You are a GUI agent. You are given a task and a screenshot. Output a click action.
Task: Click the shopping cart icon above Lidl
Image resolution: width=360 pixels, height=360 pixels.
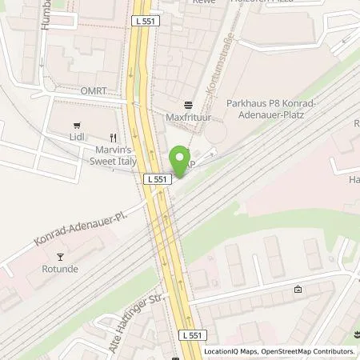tap(77, 126)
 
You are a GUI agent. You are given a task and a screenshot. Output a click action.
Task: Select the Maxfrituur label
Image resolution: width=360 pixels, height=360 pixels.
tap(189, 119)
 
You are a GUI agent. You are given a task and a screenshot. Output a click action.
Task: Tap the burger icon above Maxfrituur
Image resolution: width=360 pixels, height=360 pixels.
tap(189, 106)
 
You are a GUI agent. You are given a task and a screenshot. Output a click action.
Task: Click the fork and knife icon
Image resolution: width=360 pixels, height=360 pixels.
tap(115, 138)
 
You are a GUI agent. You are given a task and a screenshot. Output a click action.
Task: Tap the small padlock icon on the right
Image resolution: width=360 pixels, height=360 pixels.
tap(298, 290)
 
